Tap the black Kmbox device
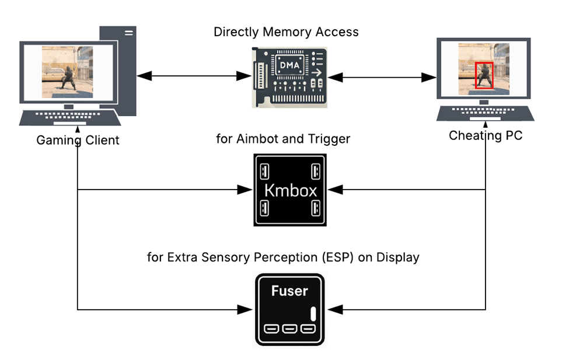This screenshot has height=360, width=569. (x=289, y=190)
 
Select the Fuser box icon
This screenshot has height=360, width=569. (x=289, y=310)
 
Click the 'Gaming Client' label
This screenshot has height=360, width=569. (x=78, y=140)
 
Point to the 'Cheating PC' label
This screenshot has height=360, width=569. (x=486, y=136)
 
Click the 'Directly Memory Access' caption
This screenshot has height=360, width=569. (x=286, y=32)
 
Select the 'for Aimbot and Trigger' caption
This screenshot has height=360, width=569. (x=283, y=138)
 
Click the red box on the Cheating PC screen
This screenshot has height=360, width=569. (x=484, y=75)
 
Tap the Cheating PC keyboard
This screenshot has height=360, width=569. (x=484, y=112)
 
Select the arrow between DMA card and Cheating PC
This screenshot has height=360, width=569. (x=382, y=76)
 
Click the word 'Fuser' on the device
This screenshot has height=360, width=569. (x=289, y=291)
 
